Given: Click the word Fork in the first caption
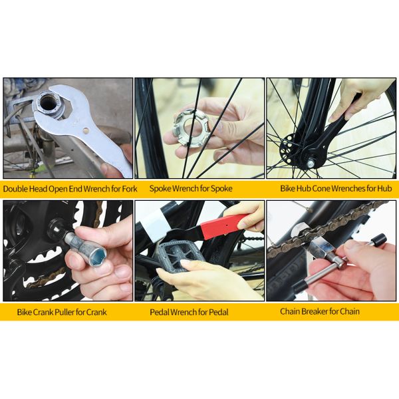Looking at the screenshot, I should (128, 189).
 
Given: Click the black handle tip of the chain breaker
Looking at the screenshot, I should (380, 240).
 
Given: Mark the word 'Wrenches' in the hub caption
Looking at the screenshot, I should (340, 189).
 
